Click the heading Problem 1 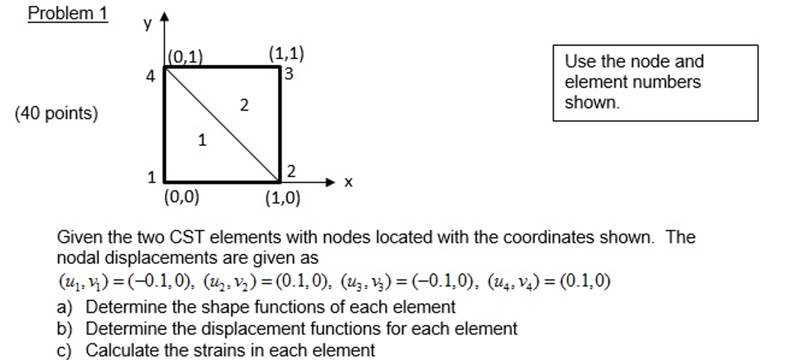click(68, 14)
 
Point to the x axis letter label click(348, 182)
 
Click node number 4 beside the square click(150, 76)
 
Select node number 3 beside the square click(289, 74)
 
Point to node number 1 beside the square click(151, 177)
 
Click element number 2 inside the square click(244, 105)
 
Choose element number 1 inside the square click(202, 140)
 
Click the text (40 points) click(56, 114)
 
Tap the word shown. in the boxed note click(592, 103)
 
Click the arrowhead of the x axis click(330, 182)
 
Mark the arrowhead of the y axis click(165, 16)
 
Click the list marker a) click(65, 307)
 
